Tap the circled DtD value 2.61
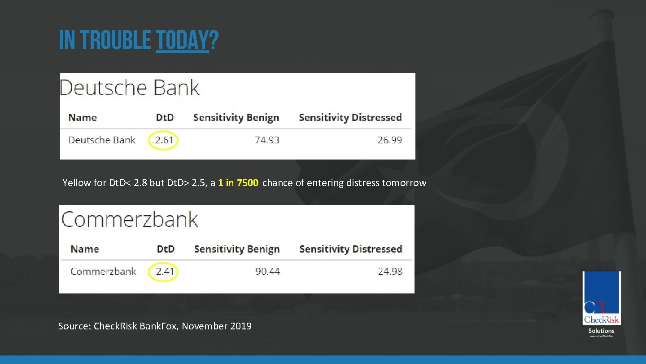pos(164,140)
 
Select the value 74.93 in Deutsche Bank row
pos(267,140)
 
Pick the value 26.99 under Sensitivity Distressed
pos(389,140)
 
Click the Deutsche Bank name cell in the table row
pos(101,140)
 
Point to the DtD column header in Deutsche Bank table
pos(165,118)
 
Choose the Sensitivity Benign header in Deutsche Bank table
pos(236,118)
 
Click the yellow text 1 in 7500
pos(238,183)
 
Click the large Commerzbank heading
pos(130,219)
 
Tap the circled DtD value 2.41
pos(164,271)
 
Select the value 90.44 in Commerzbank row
pos(267,271)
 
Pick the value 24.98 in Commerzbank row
pos(390,271)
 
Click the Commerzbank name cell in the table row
pos(104,271)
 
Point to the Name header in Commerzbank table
pos(85,249)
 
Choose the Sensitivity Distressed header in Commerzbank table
pos(350,249)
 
